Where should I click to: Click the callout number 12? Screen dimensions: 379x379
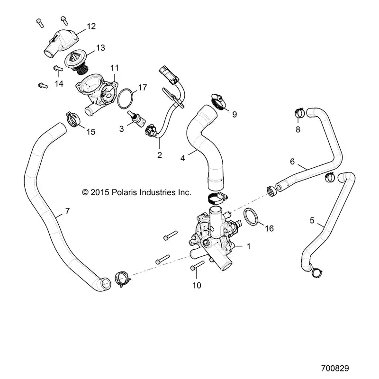click(91, 27)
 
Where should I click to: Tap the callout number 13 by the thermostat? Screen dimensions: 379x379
click(100, 48)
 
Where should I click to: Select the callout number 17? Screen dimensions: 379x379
click(143, 88)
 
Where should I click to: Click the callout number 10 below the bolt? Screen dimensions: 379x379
click(197, 285)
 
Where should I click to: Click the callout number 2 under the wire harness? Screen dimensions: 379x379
click(160, 155)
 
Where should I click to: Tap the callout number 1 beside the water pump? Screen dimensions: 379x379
click(249, 246)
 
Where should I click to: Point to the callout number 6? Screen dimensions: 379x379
click(292, 162)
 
